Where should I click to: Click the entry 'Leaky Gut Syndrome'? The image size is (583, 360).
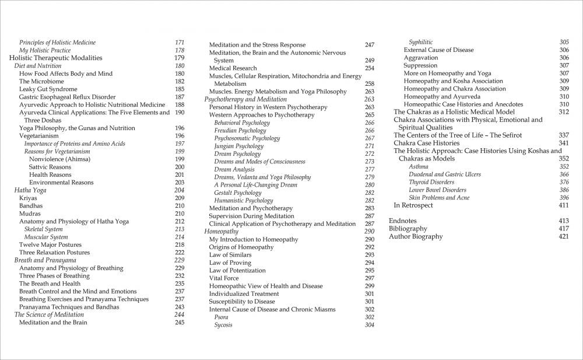(48, 89)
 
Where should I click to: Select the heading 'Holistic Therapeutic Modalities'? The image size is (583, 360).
(56, 58)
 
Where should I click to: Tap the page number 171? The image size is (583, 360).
(180, 43)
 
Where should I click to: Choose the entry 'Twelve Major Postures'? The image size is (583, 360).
(50, 244)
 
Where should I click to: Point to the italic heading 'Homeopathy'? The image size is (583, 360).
(221, 232)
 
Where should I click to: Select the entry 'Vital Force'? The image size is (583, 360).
(224, 278)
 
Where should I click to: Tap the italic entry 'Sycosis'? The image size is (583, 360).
(223, 325)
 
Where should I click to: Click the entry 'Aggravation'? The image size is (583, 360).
(420, 58)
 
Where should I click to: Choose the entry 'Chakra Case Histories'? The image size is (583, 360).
(426, 143)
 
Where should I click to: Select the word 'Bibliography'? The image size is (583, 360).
(408, 229)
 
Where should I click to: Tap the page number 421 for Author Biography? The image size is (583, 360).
(563, 236)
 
